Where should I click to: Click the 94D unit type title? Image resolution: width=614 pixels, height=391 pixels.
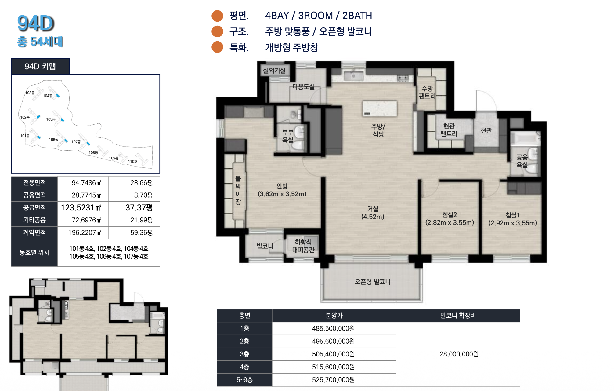click(36, 24)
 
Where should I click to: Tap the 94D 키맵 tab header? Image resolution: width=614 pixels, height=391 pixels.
click(40, 66)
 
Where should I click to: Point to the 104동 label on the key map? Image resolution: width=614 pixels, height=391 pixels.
click(48, 96)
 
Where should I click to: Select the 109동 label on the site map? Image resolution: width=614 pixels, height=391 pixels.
click(114, 158)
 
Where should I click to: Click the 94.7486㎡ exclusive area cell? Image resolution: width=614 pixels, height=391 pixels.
click(86, 183)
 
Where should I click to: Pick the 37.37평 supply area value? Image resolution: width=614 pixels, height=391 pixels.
click(139, 208)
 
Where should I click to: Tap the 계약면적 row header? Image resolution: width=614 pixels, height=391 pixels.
click(34, 232)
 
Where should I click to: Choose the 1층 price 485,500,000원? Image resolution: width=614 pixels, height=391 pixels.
click(334, 328)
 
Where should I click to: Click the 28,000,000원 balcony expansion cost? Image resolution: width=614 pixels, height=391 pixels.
click(459, 354)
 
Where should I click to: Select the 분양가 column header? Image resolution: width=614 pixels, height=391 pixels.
click(334, 316)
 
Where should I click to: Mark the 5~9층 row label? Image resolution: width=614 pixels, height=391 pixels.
click(244, 380)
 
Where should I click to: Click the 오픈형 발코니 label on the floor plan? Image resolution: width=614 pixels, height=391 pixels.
click(373, 282)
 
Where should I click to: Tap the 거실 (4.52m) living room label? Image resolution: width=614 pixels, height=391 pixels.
click(373, 213)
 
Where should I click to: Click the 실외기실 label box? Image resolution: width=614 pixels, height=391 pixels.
click(274, 71)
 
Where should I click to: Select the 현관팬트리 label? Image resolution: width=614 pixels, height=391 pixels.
click(449, 130)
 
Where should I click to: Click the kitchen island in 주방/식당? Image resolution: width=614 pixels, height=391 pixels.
click(380, 109)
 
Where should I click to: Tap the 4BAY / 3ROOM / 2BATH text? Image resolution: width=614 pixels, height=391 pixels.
click(319, 16)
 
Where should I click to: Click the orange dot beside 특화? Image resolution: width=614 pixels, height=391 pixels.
click(218, 47)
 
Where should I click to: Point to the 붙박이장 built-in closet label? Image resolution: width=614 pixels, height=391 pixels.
click(238, 190)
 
